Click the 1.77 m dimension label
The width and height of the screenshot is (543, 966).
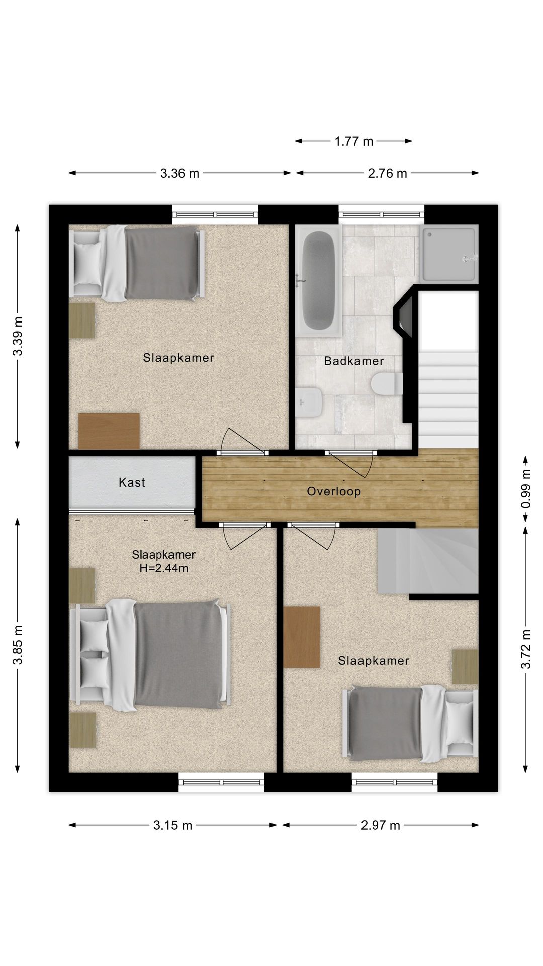(354, 141)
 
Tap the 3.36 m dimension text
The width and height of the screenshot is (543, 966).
(180, 174)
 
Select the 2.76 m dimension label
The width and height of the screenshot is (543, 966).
(387, 174)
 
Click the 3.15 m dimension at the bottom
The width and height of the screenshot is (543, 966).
(172, 825)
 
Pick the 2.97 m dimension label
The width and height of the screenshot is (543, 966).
(380, 825)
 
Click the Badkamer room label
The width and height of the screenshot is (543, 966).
(354, 361)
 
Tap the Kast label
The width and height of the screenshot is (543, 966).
(132, 482)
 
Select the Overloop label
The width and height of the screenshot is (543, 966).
(334, 491)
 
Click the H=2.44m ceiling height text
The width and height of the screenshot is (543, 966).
(163, 569)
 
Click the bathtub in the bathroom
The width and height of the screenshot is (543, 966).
(319, 280)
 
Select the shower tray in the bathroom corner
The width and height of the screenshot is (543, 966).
(448, 254)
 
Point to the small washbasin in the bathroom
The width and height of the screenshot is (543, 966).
(308, 403)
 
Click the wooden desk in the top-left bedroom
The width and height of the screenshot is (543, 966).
(109, 431)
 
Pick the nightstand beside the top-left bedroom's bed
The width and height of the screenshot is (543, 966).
(82, 320)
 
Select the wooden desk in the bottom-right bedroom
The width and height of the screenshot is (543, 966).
(302, 637)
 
